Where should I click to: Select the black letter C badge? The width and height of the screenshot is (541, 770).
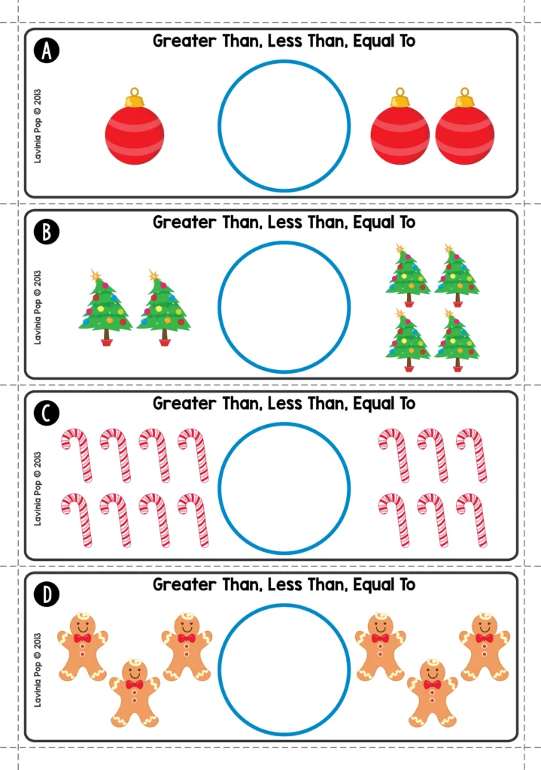coord(47,413)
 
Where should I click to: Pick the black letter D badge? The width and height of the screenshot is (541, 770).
coord(47,594)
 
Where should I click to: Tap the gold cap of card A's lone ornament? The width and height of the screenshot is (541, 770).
coord(135,99)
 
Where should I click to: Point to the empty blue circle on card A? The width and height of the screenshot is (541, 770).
coord(284,126)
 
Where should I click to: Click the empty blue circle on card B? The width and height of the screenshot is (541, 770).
coord(284,307)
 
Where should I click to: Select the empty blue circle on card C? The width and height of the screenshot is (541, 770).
coord(284,487)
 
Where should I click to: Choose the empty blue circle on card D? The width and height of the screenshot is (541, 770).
coord(284,668)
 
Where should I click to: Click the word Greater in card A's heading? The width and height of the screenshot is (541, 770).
coord(184,41)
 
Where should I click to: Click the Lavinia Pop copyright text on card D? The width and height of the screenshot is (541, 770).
coord(38,669)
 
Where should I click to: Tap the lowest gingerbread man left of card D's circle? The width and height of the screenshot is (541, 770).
coord(135,693)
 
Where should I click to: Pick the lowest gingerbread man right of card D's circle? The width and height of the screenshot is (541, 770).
coord(433,693)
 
